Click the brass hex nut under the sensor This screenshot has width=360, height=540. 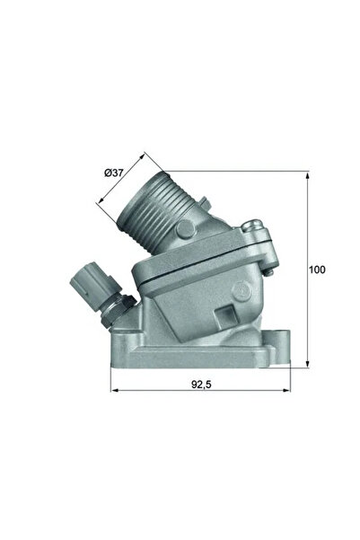pyautogui.click(x=113, y=310)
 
